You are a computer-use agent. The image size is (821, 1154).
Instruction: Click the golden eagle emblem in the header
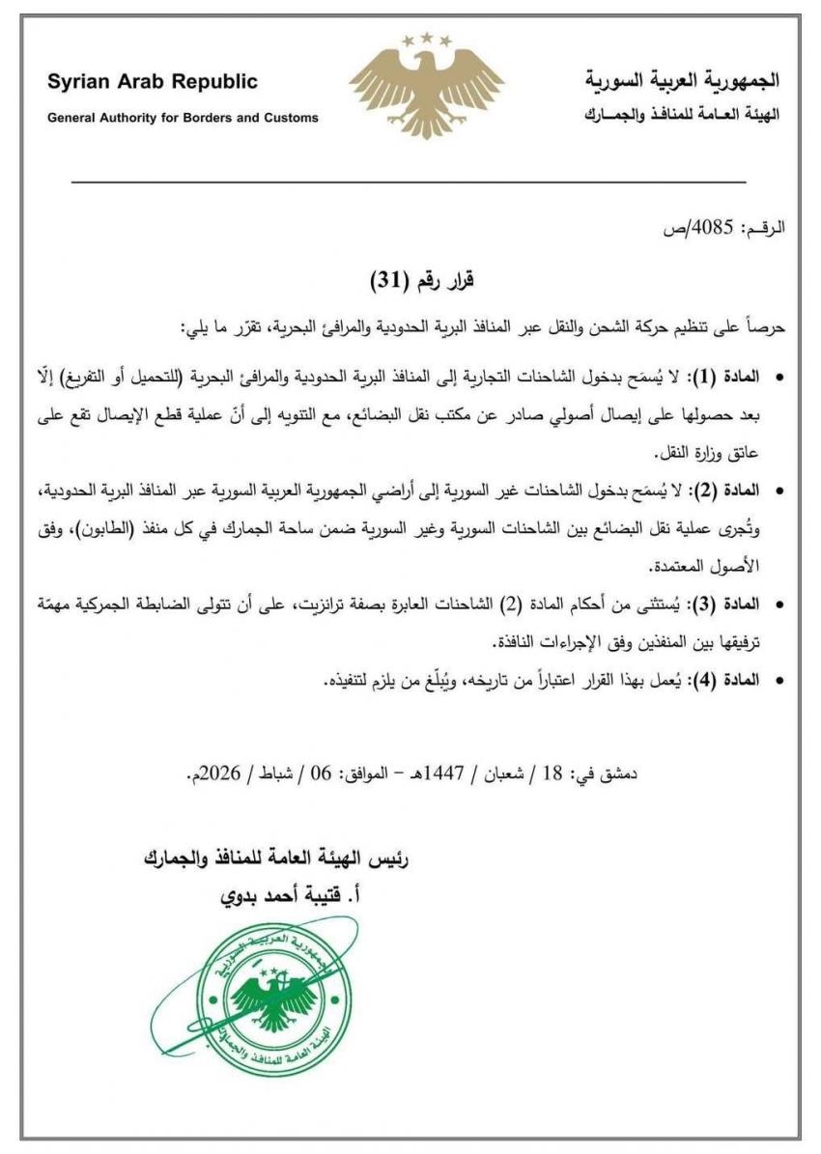coord(426,92)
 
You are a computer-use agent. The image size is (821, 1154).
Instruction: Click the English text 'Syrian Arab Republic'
coord(153,82)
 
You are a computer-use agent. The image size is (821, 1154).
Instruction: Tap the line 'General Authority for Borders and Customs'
coord(183,118)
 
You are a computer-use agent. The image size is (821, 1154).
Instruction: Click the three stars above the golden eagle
coord(426,40)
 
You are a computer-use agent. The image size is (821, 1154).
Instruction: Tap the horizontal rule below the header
coord(410,182)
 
